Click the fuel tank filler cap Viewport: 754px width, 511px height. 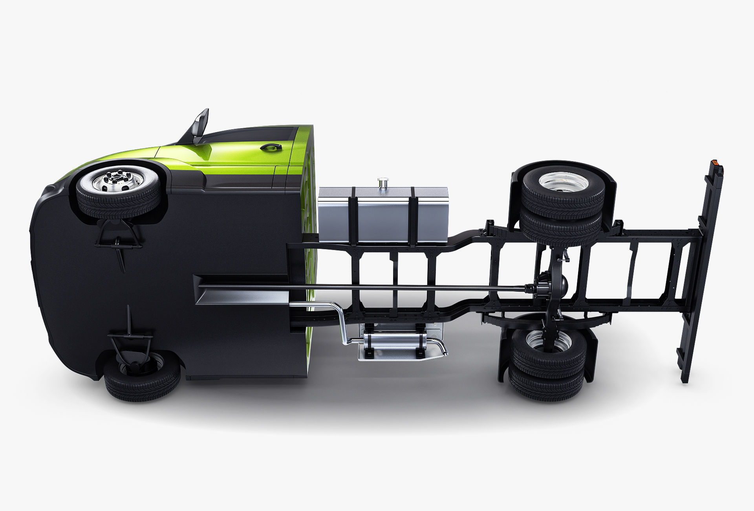[383, 182]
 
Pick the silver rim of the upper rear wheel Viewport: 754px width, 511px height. [564, 182]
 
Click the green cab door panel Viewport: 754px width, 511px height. [236, 157]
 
